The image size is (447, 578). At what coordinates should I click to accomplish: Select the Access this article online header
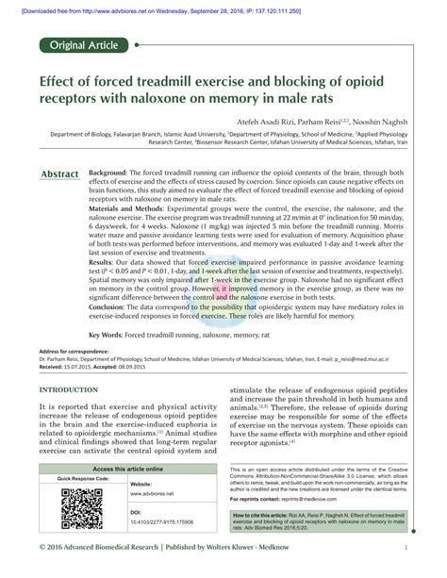(x=127, y=469)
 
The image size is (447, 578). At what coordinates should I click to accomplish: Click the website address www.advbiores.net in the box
(x=151, y=494)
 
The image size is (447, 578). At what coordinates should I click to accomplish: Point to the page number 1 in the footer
(x=405, y=547)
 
